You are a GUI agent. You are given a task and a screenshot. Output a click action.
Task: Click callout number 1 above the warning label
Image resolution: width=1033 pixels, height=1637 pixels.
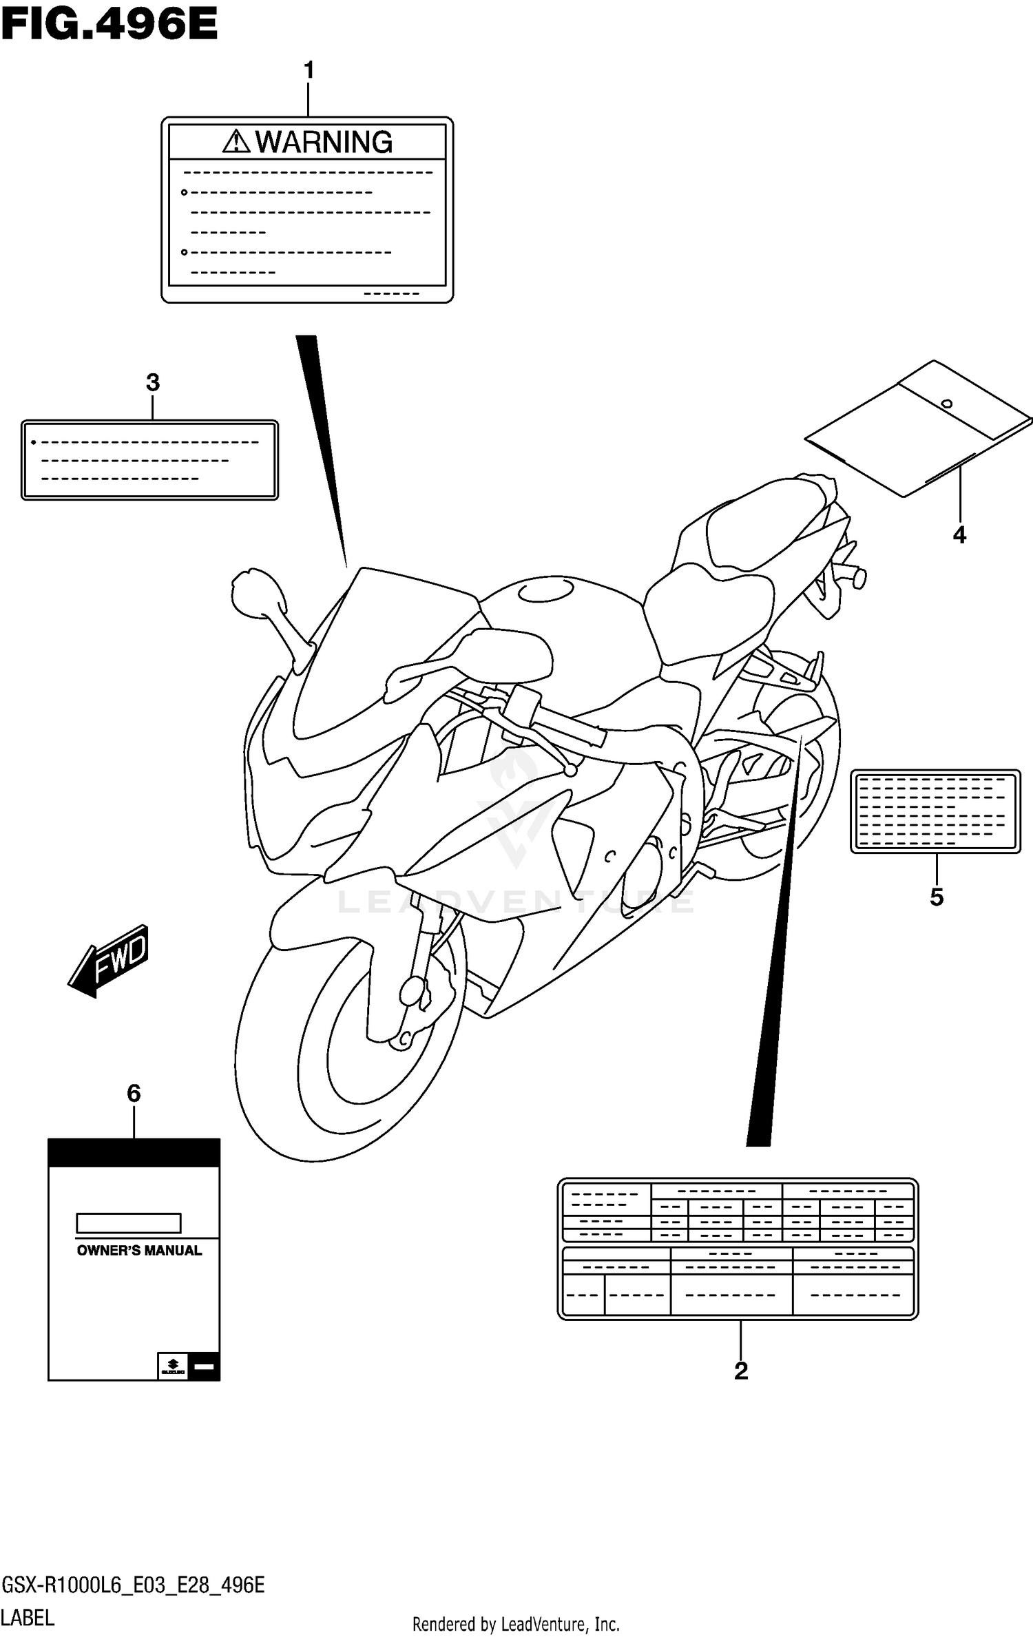309,70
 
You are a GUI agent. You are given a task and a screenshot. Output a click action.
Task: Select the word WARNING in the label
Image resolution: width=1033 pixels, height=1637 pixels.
324,143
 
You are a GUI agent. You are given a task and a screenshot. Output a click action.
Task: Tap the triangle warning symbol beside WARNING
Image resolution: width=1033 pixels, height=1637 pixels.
236,142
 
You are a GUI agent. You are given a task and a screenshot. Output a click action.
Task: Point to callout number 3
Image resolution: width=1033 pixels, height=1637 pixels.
153,382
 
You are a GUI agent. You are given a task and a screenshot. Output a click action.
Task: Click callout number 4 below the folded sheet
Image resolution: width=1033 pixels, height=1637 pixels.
959,534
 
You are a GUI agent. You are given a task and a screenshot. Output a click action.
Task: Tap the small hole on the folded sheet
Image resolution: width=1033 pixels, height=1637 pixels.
947,404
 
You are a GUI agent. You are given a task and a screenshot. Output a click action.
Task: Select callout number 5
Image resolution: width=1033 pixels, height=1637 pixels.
937,897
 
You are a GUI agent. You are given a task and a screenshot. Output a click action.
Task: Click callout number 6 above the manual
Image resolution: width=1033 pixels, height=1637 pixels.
134,1093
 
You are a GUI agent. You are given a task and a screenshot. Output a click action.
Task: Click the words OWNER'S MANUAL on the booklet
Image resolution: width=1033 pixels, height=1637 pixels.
139,1251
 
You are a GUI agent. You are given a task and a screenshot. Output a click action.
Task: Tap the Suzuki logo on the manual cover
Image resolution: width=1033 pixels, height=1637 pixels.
173,1365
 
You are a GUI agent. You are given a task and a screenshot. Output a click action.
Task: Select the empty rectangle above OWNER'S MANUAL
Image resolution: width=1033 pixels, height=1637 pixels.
128,1223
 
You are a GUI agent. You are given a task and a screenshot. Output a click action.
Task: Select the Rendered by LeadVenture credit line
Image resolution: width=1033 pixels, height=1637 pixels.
516,1625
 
